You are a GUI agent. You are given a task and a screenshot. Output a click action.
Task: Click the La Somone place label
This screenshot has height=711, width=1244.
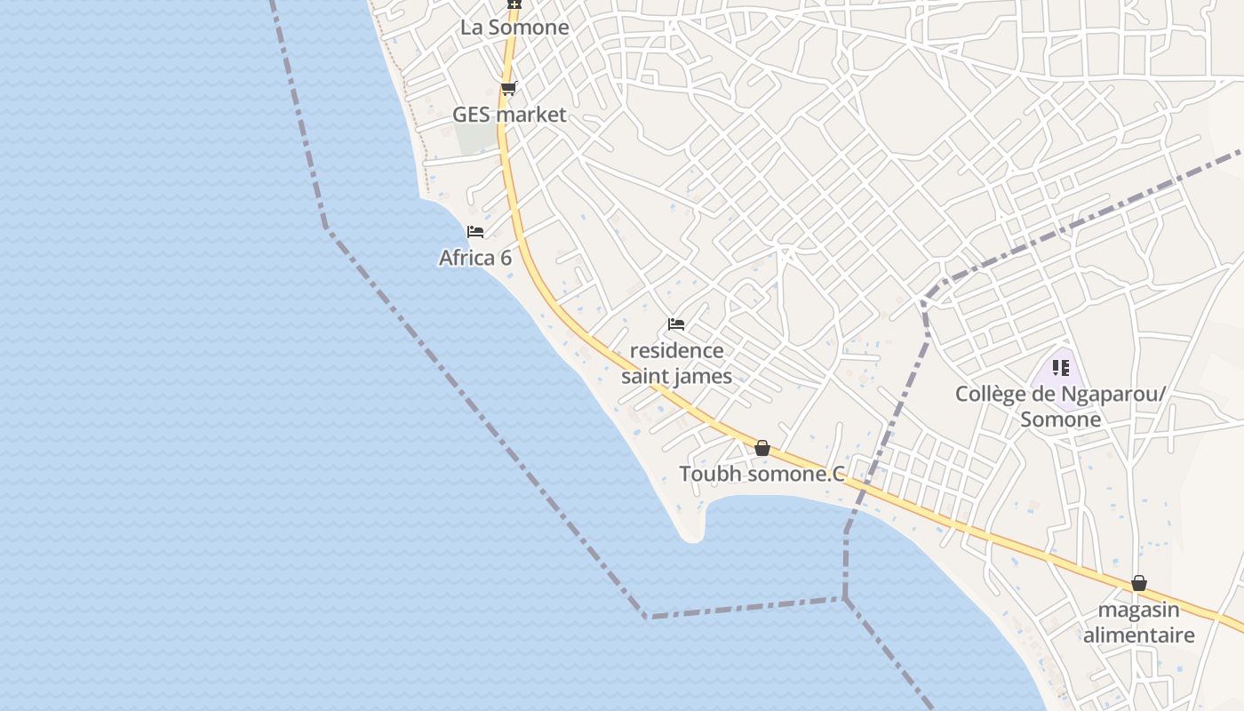(x=514, y=28)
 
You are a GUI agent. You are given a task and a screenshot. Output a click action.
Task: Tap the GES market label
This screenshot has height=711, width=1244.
(x=509, y=115)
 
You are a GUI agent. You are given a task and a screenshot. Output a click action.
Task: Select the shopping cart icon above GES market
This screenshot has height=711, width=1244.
(x=508, y=88)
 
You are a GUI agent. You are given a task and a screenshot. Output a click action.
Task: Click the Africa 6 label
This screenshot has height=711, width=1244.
(x=475, y=258)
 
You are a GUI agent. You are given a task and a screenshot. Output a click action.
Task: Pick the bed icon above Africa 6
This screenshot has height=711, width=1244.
(x=475, y=232)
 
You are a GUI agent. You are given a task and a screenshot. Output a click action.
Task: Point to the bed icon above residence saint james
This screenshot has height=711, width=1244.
(x=676, y=324)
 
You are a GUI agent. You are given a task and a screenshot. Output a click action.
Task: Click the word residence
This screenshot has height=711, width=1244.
(x=676, y=350)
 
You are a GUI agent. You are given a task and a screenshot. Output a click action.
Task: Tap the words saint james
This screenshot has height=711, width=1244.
(x=676, y=376)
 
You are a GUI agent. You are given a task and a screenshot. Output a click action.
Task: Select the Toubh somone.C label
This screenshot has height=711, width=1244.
(x=762, y=474)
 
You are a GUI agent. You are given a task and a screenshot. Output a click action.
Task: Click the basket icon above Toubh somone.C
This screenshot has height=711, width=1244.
(x=762, y=448)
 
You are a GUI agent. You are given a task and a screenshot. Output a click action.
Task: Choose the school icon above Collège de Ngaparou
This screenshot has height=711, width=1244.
(x=1060, y=367)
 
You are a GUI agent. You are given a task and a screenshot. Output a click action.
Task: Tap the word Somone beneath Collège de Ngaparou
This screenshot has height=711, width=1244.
(x=1060, y=419)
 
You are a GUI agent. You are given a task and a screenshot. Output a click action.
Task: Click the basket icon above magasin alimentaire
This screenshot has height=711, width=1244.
(x=1139, y=583)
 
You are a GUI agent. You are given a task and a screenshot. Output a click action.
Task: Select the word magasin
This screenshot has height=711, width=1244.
(x=1138, y=610)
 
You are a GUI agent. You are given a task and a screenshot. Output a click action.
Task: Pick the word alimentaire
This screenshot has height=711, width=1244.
(x=1138, y=635)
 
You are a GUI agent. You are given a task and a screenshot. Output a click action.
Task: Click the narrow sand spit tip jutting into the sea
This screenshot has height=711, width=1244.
(x=692, y=534)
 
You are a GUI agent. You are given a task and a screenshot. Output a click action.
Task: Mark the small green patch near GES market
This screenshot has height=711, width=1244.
(x=475, y=138)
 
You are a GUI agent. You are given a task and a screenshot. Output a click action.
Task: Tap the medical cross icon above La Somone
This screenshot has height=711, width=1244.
(x=514, y=4)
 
